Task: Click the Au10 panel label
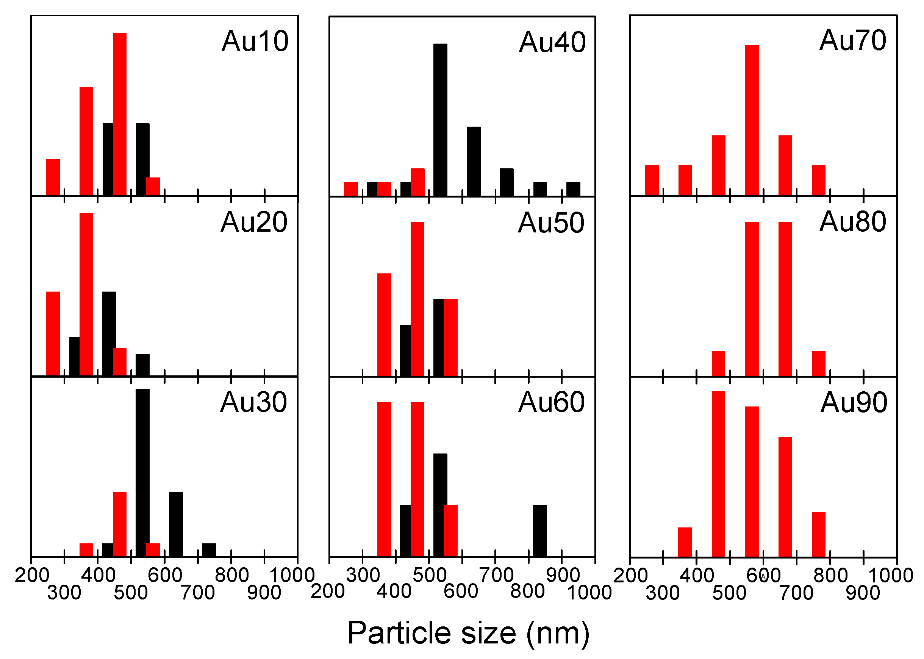click(255, 41)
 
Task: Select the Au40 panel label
click(552, 42)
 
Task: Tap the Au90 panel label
click(854, 403)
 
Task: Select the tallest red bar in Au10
click(120, 114)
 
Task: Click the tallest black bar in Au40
click(440, 120)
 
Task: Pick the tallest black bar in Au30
click(142, 473)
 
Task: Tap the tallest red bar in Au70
click(752, 120)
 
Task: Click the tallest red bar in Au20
click(86, 294)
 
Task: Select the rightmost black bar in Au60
click(539, 531)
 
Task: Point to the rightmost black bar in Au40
click(573, 189)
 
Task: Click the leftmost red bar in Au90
click(685, 542)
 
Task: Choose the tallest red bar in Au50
click(417, 299)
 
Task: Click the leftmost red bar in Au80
click(718, 363)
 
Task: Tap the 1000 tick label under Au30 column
click(291, 576)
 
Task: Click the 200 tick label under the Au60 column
click(328, 592)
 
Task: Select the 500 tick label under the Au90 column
click(729, 593)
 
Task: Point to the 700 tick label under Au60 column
click(496, 576)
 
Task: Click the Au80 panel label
click(853, 222)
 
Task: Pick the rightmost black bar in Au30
click(209, 550)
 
